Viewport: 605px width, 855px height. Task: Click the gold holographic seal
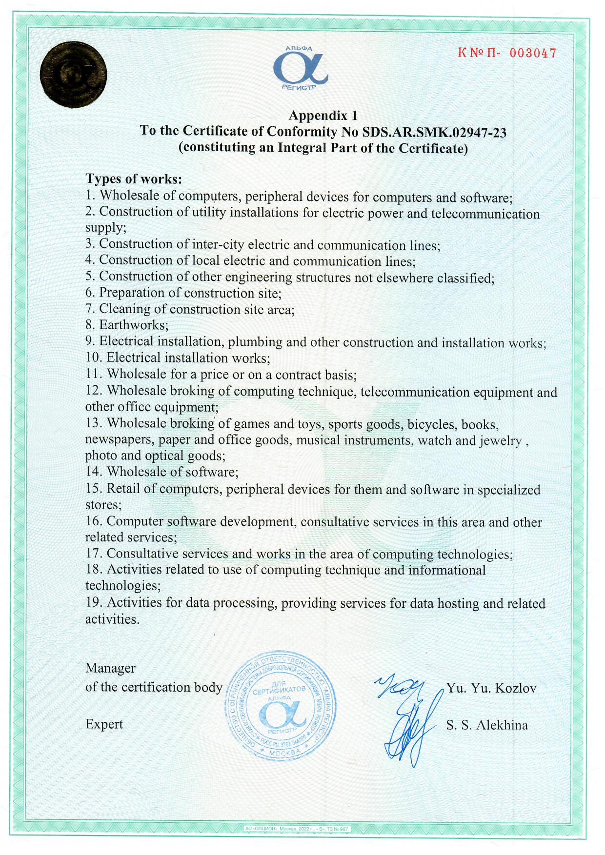73,75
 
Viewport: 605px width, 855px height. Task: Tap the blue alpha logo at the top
300,69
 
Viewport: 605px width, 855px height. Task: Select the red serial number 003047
533,53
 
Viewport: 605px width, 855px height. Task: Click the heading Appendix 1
323,116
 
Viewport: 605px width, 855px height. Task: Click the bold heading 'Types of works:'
134,179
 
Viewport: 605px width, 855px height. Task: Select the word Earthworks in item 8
133,325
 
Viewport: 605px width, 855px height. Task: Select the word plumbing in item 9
255,341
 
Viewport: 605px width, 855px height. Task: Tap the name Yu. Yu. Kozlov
491,688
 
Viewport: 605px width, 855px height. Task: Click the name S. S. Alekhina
487,725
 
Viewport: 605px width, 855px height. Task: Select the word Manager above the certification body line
110,668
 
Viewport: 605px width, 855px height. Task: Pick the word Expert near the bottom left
104,724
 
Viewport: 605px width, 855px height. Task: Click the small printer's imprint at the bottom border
297,828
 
